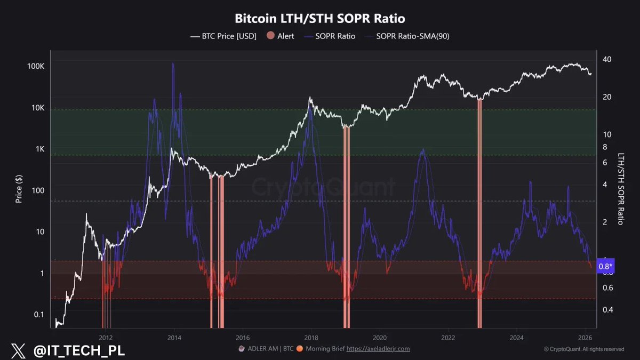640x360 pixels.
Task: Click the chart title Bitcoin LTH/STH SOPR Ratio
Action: [x=320, y=19]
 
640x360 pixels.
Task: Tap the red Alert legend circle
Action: [x=270, y=36]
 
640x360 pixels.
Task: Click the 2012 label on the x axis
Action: [x=106, y=338]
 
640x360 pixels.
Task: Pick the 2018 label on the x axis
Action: [x=311, y=338]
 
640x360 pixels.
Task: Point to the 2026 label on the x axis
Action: [x=585, y=338]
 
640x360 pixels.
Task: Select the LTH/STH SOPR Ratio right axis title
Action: [x=621, y=188]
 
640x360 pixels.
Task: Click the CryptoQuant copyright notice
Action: [x=583, y=349]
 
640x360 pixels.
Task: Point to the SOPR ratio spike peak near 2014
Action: [x=173, y=63]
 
